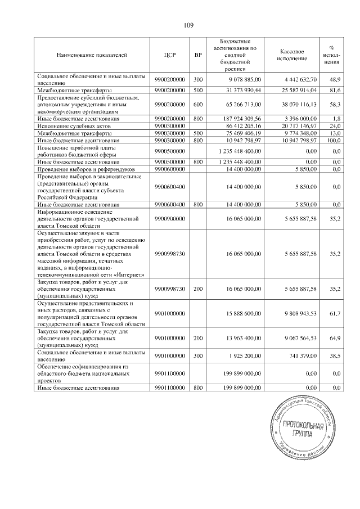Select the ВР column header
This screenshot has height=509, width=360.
coord(197,55)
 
